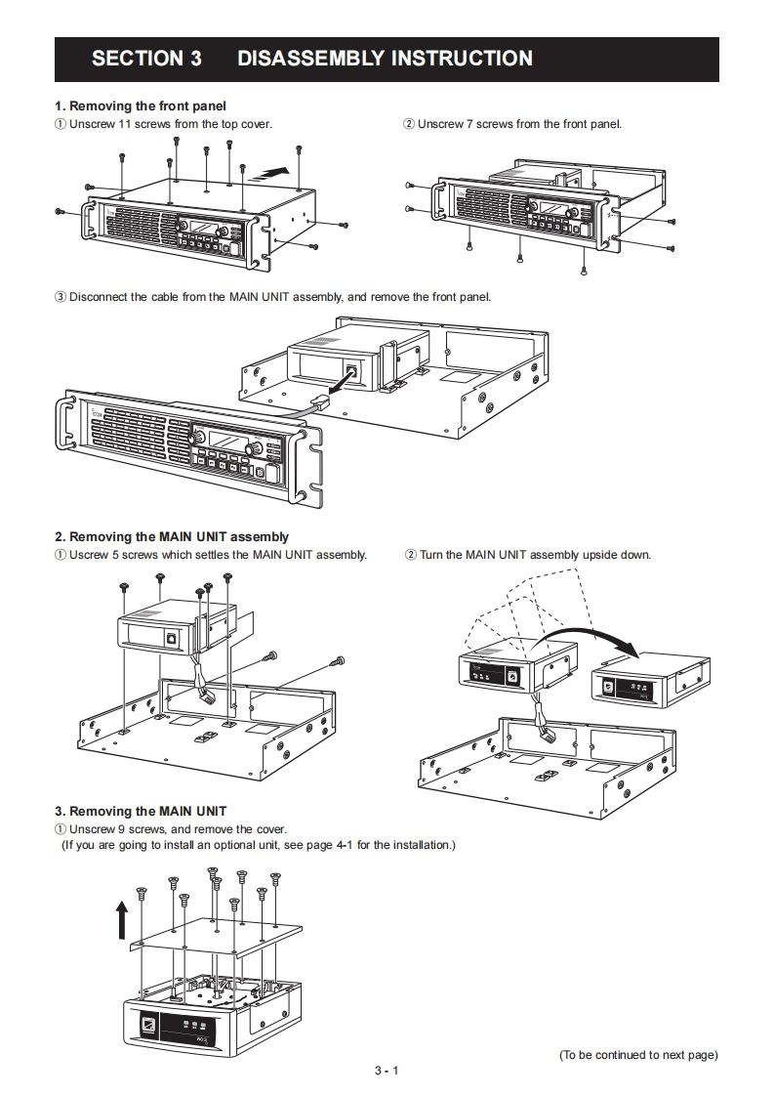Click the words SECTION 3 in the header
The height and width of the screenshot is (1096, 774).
click(x=146, y=59)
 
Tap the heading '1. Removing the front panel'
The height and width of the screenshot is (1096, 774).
click(x=141, y=105)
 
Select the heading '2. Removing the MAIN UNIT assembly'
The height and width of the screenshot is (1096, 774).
click(x=172, y=536)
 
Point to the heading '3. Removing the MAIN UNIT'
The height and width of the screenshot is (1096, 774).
click(x=141, y=811)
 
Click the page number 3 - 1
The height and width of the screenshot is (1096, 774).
click(x=387, y=1071)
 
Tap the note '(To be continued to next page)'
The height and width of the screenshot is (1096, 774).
click(x=638, y=1054)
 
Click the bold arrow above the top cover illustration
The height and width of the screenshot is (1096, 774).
click(x=271, y=172)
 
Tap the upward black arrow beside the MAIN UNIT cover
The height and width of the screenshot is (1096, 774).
click(x=122, y=919)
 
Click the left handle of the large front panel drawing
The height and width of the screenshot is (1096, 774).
click(x=67, y=420)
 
